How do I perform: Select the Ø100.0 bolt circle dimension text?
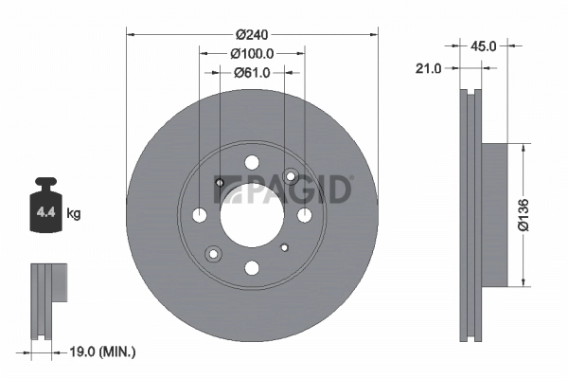pos(252,54)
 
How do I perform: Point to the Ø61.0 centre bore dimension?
pos(252,72)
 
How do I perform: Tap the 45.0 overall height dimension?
pos(484,44)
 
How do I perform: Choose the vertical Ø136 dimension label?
pos(535,215)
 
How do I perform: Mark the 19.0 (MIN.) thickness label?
pos(104,352)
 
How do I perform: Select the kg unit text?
pos(74,214)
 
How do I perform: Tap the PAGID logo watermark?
pos(284,189)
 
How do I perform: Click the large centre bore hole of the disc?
pos(252,215)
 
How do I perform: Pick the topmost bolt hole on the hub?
pos(252,163)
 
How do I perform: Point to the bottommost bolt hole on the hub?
pos(252,268)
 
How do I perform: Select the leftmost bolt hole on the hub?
pos(200,215)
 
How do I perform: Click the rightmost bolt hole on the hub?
pos(304,215)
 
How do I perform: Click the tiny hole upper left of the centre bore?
pos(220,183)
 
